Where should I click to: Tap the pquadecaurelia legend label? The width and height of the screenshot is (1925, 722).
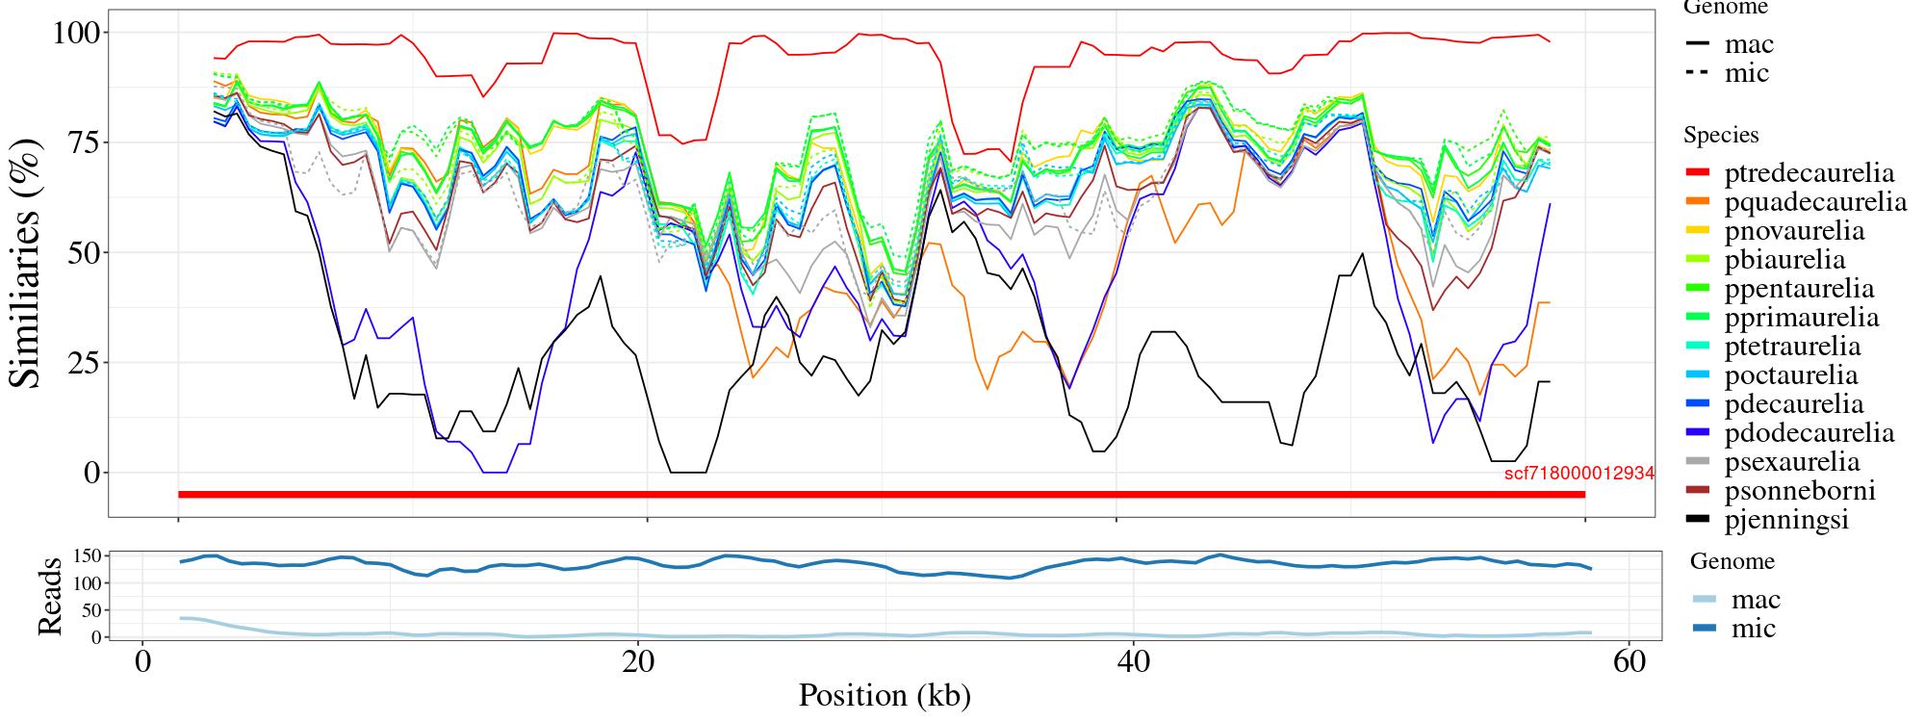[1815, 202]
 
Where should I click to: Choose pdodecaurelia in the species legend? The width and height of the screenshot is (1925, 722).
[1809, 433]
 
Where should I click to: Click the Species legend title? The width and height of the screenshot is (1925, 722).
[1721, 136]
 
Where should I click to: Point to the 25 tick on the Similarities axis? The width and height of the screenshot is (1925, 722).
[81, 363]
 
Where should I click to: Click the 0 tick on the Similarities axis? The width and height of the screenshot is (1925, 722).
[91, 473]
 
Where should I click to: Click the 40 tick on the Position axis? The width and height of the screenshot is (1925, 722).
[1133, 663]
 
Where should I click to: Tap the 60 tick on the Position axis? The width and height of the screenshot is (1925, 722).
[1628, 663]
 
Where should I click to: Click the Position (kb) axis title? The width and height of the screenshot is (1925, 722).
[884, 695]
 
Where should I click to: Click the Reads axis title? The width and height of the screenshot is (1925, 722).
[49, 596]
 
